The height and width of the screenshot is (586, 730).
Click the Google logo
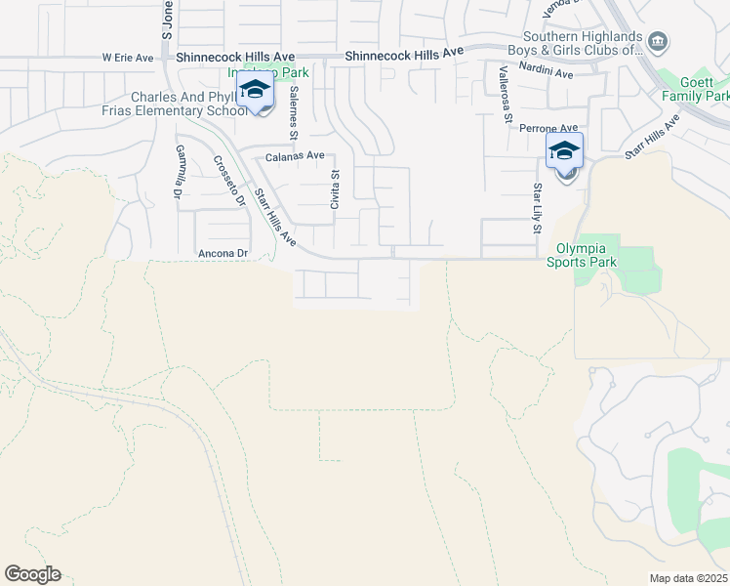pyautogui.click(x=32, y=574)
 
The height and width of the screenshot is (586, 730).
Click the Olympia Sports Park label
pyautogui.click(x=586, y=255)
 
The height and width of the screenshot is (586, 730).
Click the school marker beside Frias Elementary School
pyautogui.click(x=256, y=91)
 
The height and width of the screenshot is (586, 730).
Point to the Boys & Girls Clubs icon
pyautogui.click(x=658, y=41)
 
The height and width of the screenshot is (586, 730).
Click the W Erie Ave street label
pyautogui.click(x=128, y=58)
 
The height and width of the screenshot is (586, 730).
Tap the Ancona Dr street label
pyautogui.click(x=223, y=254)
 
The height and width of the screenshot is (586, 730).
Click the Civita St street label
pyautogui.click(x=335, y=189)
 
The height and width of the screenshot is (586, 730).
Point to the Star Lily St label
pyautogui.click(x=537, y=208)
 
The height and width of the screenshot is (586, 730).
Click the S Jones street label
pyautogui.click(x=167, y=24)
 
